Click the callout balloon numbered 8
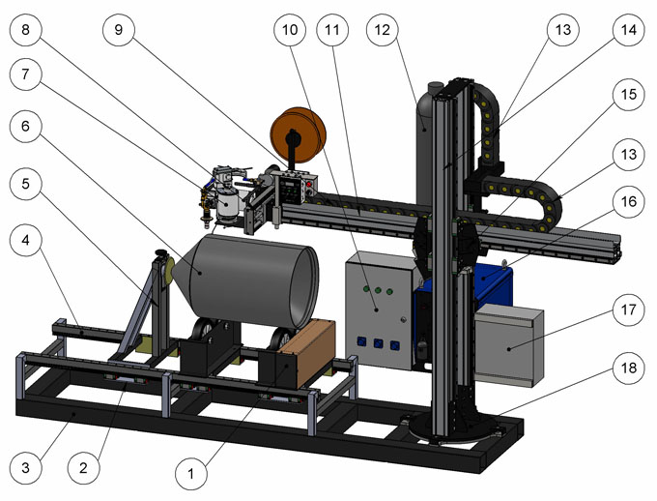pyautogui.click(x=25, y=30)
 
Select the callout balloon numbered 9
pyautogui.click(x=119, y=30)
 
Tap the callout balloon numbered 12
pyautogui.click(x=383, y=30)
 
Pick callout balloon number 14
pyautogui.click(x=628, y=30)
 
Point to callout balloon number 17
pyautogui.click(x=628, y=309)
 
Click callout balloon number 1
pyautogui.click(x=191, y=474)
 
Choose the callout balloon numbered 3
pyautogui.click(x=25, y=467)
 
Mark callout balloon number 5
pyautogui.click(x=25, y=184)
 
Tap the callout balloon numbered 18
pyautogui.click(x=628, y=368)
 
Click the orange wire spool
pyautogui.click(x=299, y=134)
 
